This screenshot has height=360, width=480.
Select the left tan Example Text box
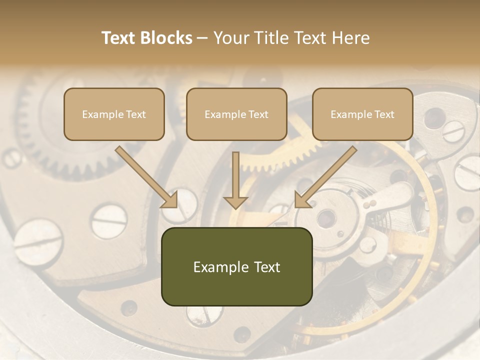pos(114,114)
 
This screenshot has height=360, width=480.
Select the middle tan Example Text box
pos(236,114)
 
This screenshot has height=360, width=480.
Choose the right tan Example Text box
pos(362,114)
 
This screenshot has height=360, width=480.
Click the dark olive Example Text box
pos(236,266)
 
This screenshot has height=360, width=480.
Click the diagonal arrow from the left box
pos(145,175)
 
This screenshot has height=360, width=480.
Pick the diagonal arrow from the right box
pos(327,175)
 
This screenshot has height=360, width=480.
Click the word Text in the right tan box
pos(384,114)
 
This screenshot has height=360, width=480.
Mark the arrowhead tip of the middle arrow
pos(235,207)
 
